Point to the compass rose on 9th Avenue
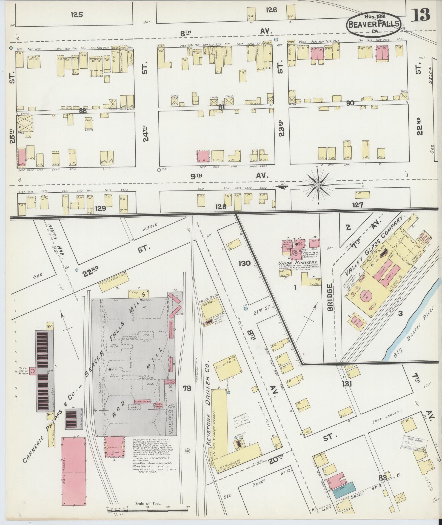318,185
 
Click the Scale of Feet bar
148,510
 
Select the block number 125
77,15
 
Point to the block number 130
244,263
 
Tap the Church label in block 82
90,120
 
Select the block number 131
346,384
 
